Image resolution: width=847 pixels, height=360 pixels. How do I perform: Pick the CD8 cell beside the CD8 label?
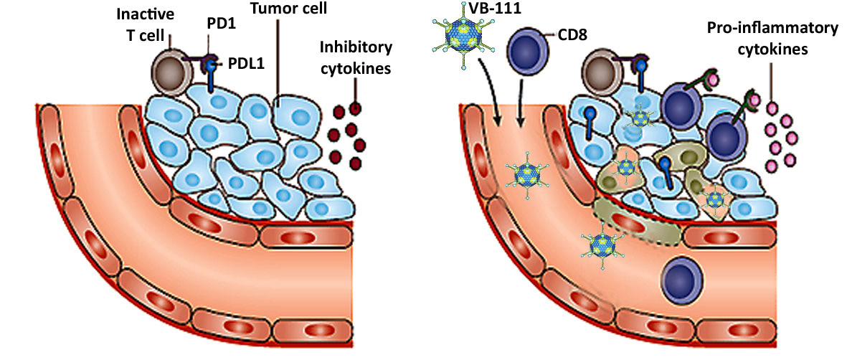pyautogui.click(x=529, y=53)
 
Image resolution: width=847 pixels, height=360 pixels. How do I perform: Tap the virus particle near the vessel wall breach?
pyautogui.click(x=601, y=244)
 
